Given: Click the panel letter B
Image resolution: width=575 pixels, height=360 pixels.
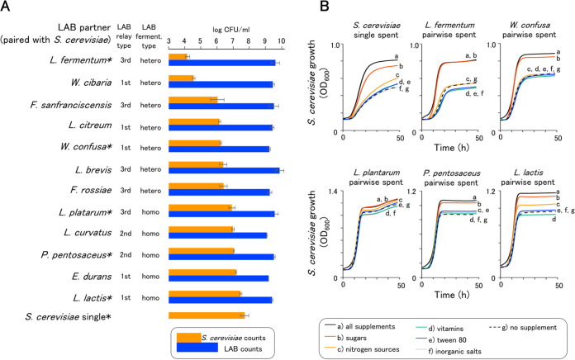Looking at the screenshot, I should coord(305,8).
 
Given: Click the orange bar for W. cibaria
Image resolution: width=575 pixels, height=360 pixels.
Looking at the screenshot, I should coord(181,78).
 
